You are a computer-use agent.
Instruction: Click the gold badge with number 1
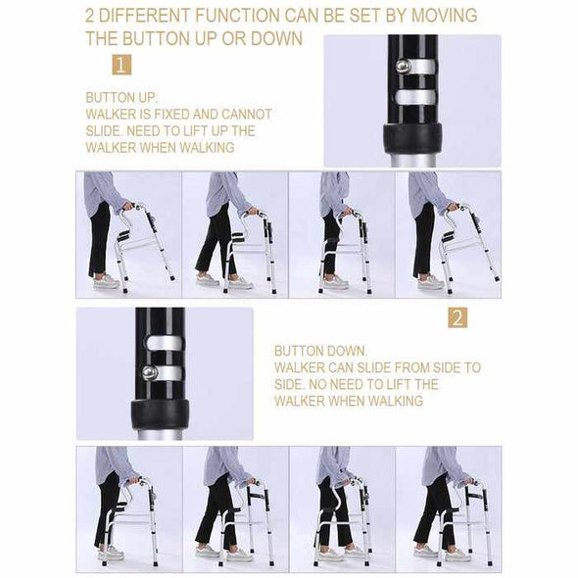[120, 66]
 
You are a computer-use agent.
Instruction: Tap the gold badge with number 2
[458, 317]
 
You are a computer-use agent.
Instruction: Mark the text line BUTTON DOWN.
[320, 351]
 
